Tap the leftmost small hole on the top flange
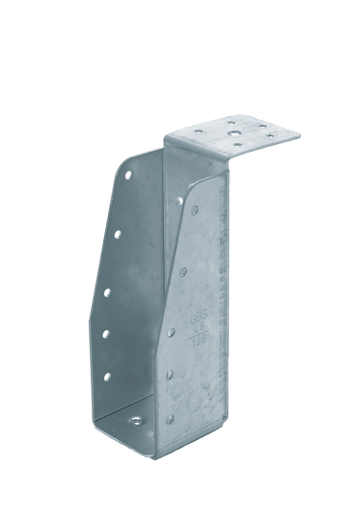[x=198, y=131]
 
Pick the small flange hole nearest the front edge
[x=235, y=144]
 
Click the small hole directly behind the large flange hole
[x=232, y=121]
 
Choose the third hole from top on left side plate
[x=106, y=291]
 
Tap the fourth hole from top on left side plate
[x=105, y=332]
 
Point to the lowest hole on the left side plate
[x=107, y=376]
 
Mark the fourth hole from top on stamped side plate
[x=169, y=374]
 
